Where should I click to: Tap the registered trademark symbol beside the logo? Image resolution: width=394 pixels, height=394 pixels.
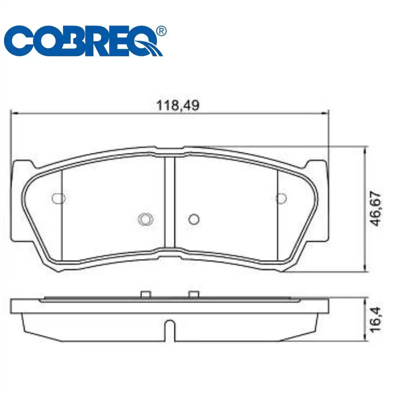click(x=161, y=31)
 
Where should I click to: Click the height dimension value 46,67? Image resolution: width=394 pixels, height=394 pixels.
click(x=376, y=208)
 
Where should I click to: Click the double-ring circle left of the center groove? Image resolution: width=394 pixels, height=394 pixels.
click(x=145, y=218)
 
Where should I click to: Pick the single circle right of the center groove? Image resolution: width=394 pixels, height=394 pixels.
click(x=193, y=218)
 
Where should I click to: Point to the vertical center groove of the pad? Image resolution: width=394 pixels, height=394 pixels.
click(x=169, y=203)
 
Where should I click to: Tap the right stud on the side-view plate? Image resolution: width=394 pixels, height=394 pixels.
click(x=193, y=294)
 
